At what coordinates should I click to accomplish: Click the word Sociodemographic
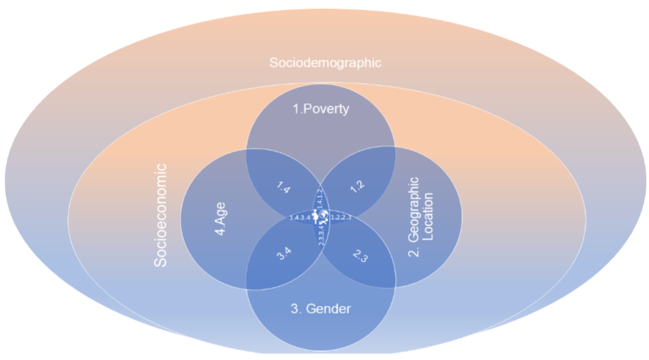(x=325, y=63)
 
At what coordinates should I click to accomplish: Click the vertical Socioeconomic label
(x=161, y=215)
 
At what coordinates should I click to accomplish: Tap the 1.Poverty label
(x=321, y=109)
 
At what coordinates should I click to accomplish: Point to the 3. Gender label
(x=321, y=309)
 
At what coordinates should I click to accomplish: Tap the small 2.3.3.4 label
(x=321, y=235)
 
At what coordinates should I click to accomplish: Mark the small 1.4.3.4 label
(x=300, y=218)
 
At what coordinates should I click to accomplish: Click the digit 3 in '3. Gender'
(x=294, y=309)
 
